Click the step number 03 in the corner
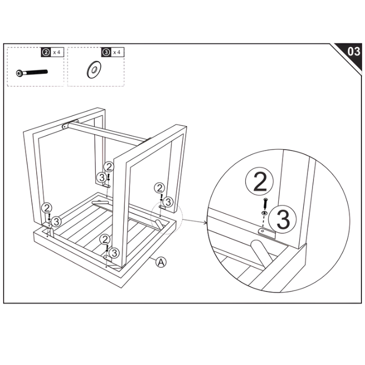[x=353, y=52]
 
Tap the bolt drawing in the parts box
[x=32, y=72]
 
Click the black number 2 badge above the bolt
[x=45, y=52]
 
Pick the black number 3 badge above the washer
[x=106, y=52]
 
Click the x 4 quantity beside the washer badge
[x=117, y=52]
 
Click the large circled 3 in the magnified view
[x=284, y=219]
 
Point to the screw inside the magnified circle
[x=266, y=201]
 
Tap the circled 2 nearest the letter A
[x=105, y=240]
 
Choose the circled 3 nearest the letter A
[x=115, y=252]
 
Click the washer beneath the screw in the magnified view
[x=264, y=212]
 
